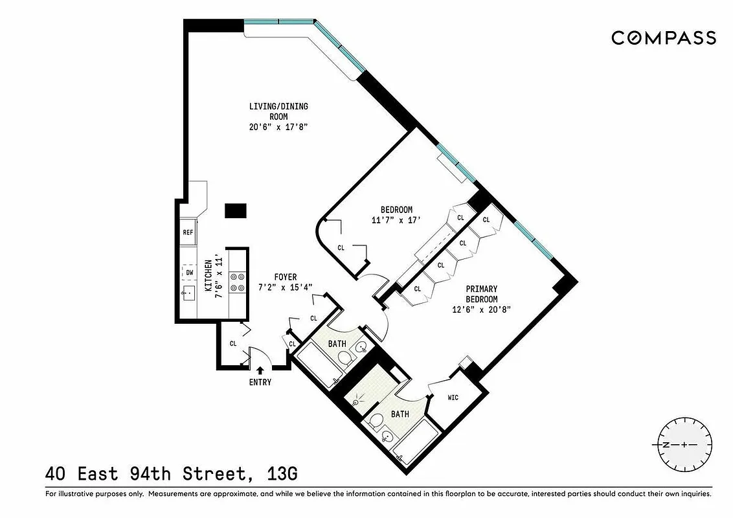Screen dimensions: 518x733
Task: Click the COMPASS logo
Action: pyautogui.click(x=664, y=38)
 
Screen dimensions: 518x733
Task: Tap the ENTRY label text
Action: pyautogui.click(x=260, y=382)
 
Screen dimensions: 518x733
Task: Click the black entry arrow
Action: pyautogui.click(x=260, y=370)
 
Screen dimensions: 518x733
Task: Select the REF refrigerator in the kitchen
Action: pyautogui.click(x=188, y=232)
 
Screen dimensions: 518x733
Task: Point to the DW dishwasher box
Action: pyautogui.click(x=189, y=273)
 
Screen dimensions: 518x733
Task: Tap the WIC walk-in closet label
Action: pyautogui.click(x=453, y=397)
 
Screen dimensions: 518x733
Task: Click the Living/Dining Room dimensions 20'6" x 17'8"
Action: pyautogui.click(x=276, y=128)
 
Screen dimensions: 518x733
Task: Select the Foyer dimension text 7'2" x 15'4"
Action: pyautogui.click(x=285, y=287)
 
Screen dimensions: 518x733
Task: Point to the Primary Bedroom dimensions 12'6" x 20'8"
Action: pyautogui.click(x=481, y=310)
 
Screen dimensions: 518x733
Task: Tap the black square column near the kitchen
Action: pyautogui.click(x=235, y=211)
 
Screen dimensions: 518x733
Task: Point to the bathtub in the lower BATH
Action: pyautogui.click(x=415, y=442)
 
